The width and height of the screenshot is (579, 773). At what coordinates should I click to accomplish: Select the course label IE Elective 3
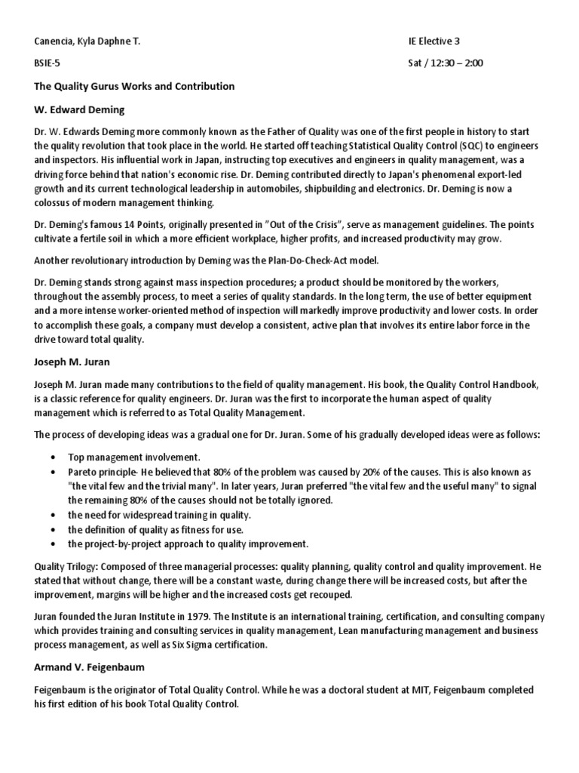pos(435,43)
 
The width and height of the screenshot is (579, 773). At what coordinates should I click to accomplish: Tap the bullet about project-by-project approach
pos(188,544)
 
